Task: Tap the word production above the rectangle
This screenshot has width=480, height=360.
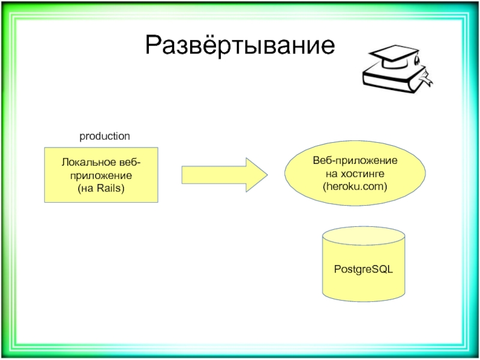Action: pos(105,137)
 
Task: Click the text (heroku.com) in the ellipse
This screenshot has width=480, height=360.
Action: pos(355,187)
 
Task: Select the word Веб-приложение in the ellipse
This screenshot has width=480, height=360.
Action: pos(355,161)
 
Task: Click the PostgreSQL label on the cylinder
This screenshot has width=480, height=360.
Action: pos(363,270)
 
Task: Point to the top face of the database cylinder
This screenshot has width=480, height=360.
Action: pos(363,235)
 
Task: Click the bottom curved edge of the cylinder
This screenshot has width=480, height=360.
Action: pos(363,298)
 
